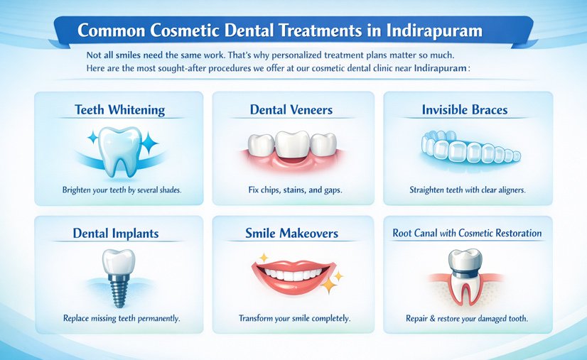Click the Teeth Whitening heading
click(x=119, y=110)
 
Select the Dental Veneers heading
click(x=291, y=110)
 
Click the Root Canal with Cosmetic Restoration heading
click(x=467, y=233)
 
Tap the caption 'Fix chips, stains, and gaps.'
click(x=292, y=190)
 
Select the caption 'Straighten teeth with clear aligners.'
click(x=468, y=190)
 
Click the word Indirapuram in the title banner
click(x=425, y=31)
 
